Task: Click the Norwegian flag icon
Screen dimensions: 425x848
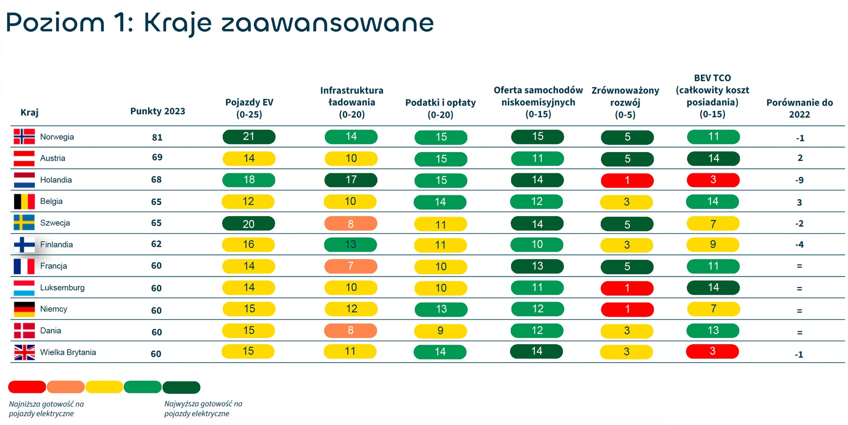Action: [x=24, y=137]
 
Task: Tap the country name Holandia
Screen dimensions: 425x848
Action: [x=56, y=180]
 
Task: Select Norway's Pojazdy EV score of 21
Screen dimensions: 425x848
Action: [x=249, y=137]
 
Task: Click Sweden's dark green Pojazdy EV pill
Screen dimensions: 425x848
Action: [x=249, y=224]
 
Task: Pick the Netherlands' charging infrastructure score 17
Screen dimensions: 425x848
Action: [x=351, y=180]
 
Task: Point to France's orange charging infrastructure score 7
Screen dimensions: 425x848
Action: [x=351, y=266]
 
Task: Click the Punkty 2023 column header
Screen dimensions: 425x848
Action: [x=157, y=111]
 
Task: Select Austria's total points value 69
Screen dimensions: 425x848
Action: [x=157, y=157]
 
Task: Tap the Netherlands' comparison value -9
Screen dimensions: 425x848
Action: [x=799, y=180]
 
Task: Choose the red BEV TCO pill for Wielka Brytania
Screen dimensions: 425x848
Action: [x=713, y=351]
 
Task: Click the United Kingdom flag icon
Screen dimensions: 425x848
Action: [x=24, y=352]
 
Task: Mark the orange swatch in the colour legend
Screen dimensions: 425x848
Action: [x=65, y=387]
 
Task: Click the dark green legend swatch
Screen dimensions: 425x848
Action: [x=181, y=387]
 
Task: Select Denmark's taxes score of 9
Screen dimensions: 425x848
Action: [x=441, y=331]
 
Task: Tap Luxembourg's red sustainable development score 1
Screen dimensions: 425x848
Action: [x=627, y=288]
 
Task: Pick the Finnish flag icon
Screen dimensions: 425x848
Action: [x=24, y=245]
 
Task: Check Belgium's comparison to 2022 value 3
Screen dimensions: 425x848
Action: [x=799, y=203]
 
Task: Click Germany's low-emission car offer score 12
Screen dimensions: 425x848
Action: [x=538, y=309]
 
